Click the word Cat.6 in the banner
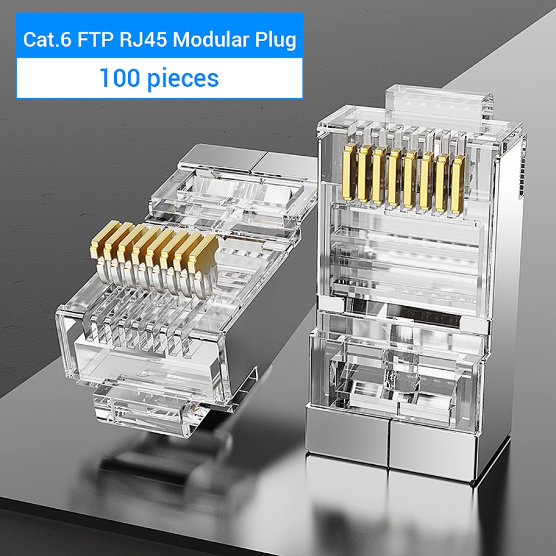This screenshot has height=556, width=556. pos(47,40)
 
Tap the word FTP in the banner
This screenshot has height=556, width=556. pos(95,40)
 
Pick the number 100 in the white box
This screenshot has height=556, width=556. pos(119,78)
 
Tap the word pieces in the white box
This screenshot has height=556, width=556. pos(183,78)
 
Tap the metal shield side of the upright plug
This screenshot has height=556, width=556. pos(510,232)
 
